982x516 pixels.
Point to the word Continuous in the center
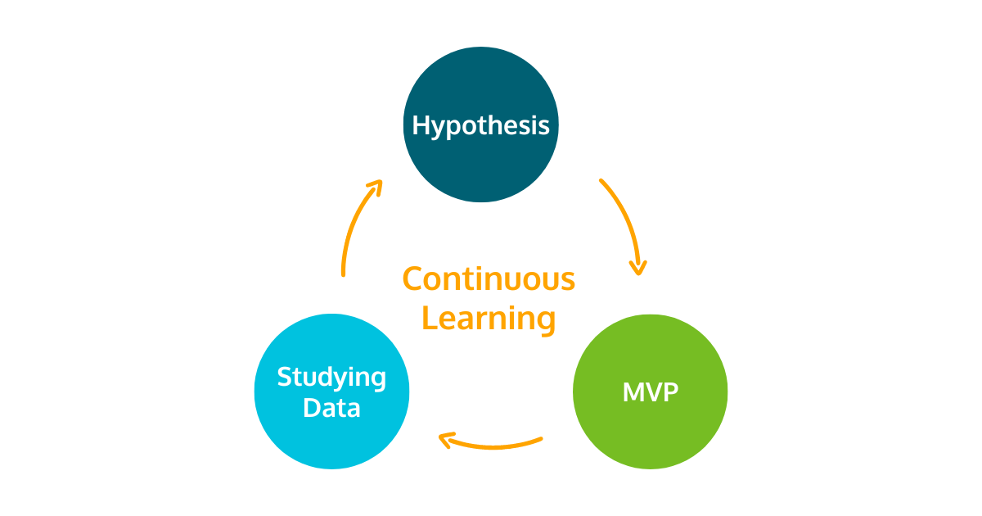(489, 279)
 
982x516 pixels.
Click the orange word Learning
(489, 318)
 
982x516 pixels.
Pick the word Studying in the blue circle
(331, 378)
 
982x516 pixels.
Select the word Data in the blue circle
(331, 407)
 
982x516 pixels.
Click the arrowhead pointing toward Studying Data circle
(447, 441)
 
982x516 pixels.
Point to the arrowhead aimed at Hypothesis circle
(375, 188)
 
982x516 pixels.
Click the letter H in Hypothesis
(421, 125)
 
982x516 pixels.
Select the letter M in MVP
(633, 392)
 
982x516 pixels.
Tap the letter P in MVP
(669, 392)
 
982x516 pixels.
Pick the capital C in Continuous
(412, 279)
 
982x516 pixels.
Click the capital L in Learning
(428, 318)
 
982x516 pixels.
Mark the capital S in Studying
(286, 378)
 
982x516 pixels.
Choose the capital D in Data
(312, 407)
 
